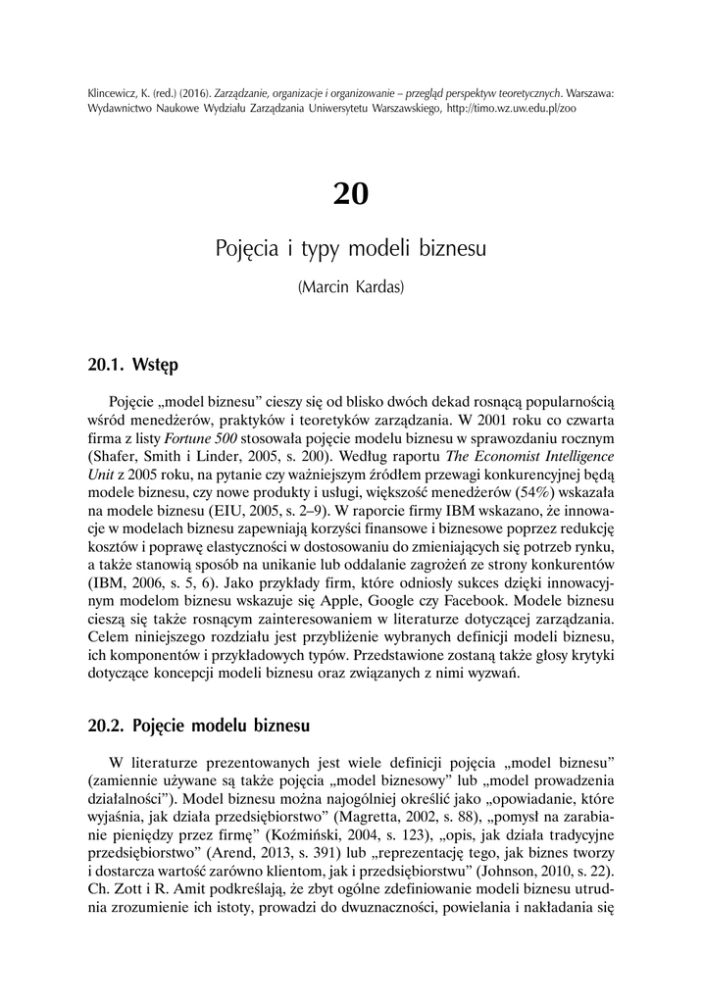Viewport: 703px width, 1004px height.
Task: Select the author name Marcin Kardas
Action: (x=350, y=289)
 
